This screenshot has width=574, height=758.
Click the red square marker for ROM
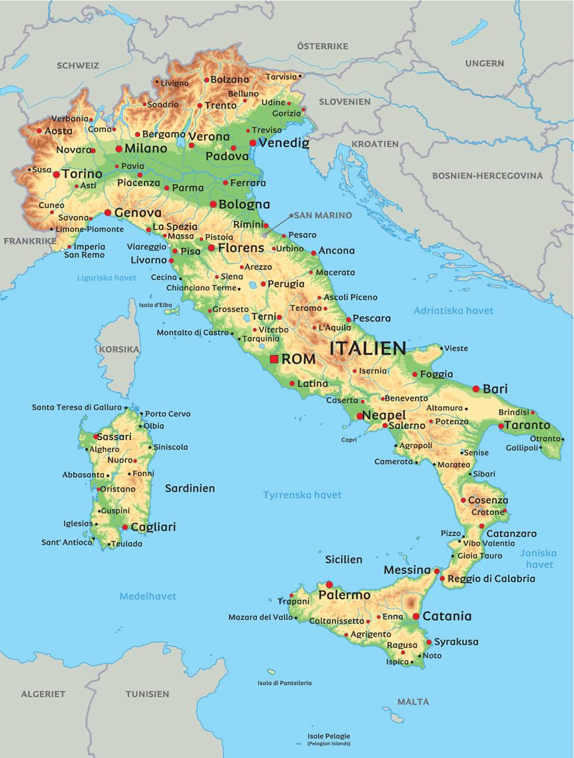pos(274,359)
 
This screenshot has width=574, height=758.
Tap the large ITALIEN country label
pos(368,348)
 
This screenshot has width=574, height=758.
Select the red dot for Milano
pos(119,149)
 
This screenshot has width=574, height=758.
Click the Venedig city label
pos(284,143)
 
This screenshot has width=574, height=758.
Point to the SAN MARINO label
pos(322,215)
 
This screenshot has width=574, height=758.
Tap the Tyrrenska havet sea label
pos(302,495)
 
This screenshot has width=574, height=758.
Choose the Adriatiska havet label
pos(453,311)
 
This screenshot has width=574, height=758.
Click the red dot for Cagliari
pos(125,527)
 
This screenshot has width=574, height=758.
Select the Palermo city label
pos(345,595)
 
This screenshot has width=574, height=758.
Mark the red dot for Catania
pos(416,616)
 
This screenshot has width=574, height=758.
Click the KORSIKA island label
pos(119,349)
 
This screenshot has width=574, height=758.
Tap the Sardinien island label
pos(190,488)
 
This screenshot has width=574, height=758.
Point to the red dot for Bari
pos(476,389)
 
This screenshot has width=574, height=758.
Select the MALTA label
pos(413,702)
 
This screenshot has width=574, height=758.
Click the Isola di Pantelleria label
pos(285,683)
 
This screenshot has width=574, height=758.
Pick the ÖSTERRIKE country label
pos(322,46)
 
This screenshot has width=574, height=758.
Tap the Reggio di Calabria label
pos(491,579)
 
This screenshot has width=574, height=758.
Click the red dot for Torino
pos(57,175)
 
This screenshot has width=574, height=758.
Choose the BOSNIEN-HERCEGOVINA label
pos(487,175)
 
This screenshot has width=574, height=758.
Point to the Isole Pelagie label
pos(329,736)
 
